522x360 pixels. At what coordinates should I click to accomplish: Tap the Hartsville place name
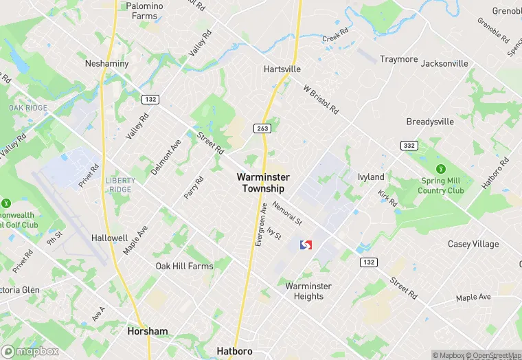click(x=282, y=69)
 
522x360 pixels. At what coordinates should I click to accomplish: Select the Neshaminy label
click(x=106, y=63)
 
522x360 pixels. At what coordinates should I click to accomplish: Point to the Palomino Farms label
click(x=144, y=11)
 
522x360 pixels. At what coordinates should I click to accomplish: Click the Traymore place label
click(x=398, y=59)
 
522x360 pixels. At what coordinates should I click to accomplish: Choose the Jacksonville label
click(x=444, y=63)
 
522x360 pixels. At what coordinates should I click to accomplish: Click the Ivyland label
click(x=371, y=177)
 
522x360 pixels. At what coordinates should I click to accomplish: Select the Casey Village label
click(x=473, y=244)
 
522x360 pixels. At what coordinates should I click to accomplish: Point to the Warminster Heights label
click(x=308, y=291)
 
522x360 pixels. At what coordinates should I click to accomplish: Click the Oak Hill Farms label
click(x=184, y=266)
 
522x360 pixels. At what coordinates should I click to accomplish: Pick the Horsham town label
click(x=148, y=331)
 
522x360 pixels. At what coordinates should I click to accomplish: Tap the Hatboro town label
click(x=234, y=351)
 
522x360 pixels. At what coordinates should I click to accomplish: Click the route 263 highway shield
click(x=261, y=128)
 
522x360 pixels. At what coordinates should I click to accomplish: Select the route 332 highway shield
click(x=409, y=146)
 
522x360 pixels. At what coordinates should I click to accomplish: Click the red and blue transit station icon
click(x=306, y=245)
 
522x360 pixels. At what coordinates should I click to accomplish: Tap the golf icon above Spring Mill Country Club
click(x=440, y=169)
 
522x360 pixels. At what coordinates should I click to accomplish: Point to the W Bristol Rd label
click(x=321, y=100)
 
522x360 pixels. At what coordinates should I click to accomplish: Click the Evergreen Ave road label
click(x=262, y=224)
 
